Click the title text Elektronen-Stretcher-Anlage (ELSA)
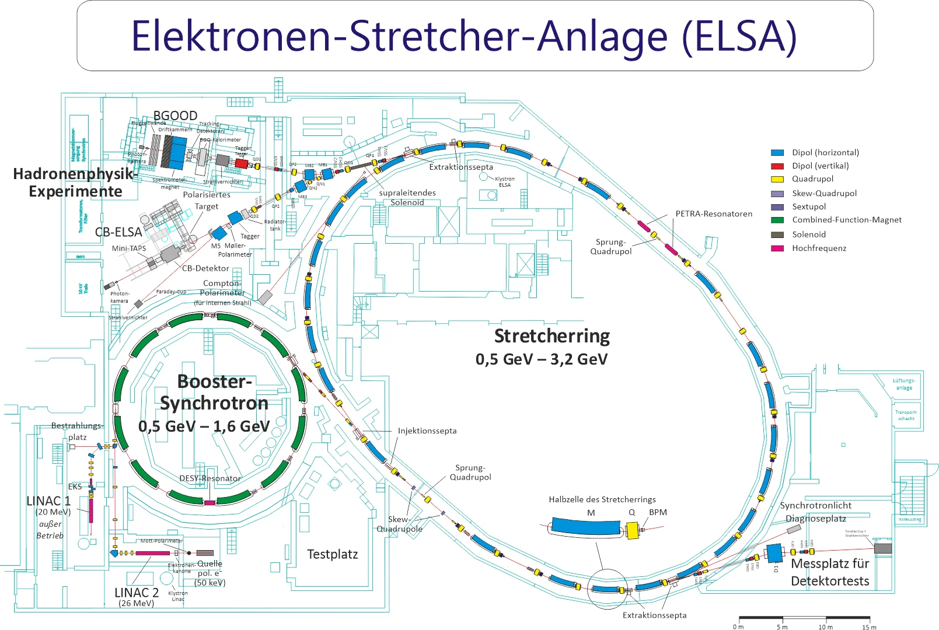(x=464, y=36)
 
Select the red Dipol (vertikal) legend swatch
(x=777, y=166)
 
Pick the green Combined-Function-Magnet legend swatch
(x=777, y=220)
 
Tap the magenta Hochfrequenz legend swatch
(x=777, y=249)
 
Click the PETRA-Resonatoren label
(x=714, y=214)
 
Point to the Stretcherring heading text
(x=551, y=337)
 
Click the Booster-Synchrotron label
(x=214, y=392)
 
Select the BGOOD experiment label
(x=175, y=116)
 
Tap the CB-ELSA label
(x=118, y=232)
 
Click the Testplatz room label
(x=332, y=554)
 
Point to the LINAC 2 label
(x=137, y=593)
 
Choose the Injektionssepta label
(x=427, y=431)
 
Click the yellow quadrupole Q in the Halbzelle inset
(x=632, y=530)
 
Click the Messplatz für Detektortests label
(x=830, y=572)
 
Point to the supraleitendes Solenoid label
(x=407, y=198)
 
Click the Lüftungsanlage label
(x=904, y=384)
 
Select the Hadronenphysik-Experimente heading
(x=75, y=183)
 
